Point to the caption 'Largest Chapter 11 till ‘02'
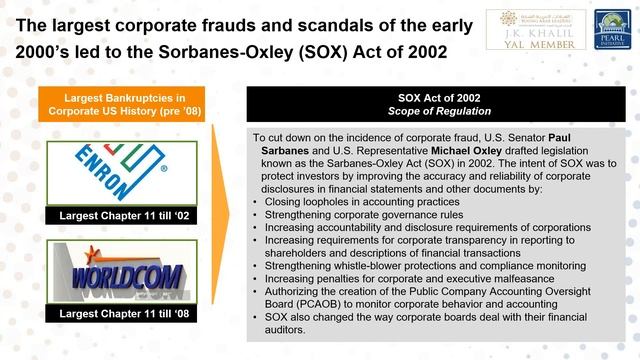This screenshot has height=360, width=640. [x=107, y=214]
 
